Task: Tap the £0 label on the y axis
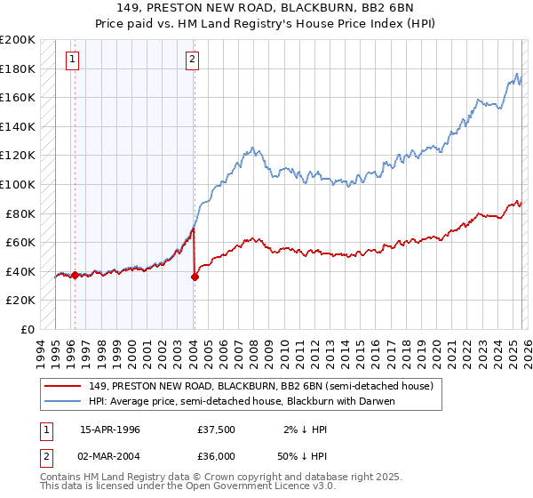pos(28,329)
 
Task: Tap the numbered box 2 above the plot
pos(192,60)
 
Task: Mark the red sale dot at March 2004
pos(195,277)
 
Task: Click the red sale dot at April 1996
pos(75,275)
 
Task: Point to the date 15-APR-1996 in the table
pos(112,429)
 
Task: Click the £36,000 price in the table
pos(216,454)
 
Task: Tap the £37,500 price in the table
pos(216,429)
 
